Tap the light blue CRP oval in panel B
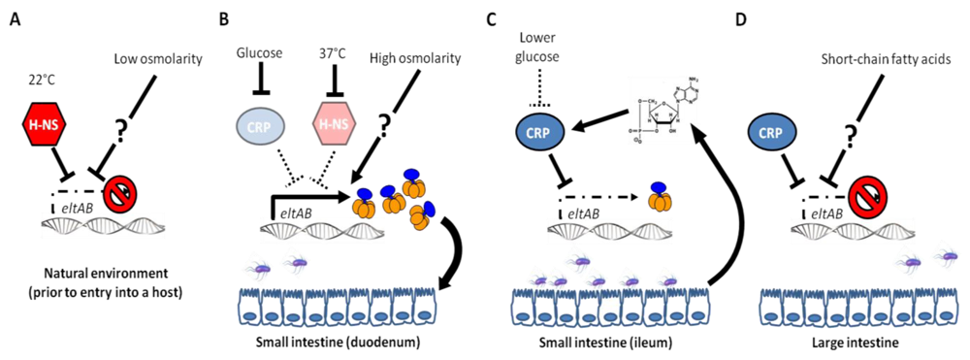[257, 126]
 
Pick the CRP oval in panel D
[772, 129]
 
